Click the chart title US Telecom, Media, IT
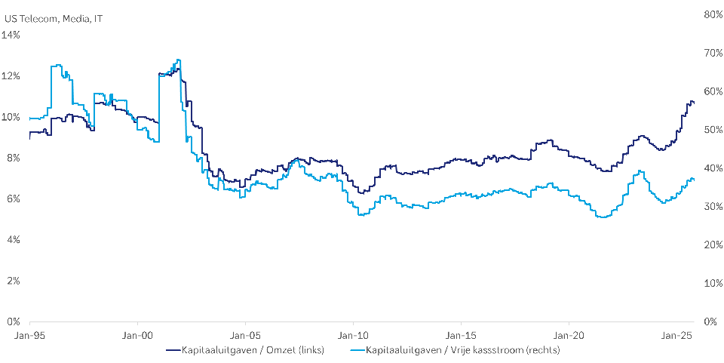coord(53,18)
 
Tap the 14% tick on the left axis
coord(12,35)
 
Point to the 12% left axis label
coord(12,76)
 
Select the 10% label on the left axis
coord(12,117)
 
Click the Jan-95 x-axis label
coord(30,334)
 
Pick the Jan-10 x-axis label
coord(354,334)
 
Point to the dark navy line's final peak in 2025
coord(691,100)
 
